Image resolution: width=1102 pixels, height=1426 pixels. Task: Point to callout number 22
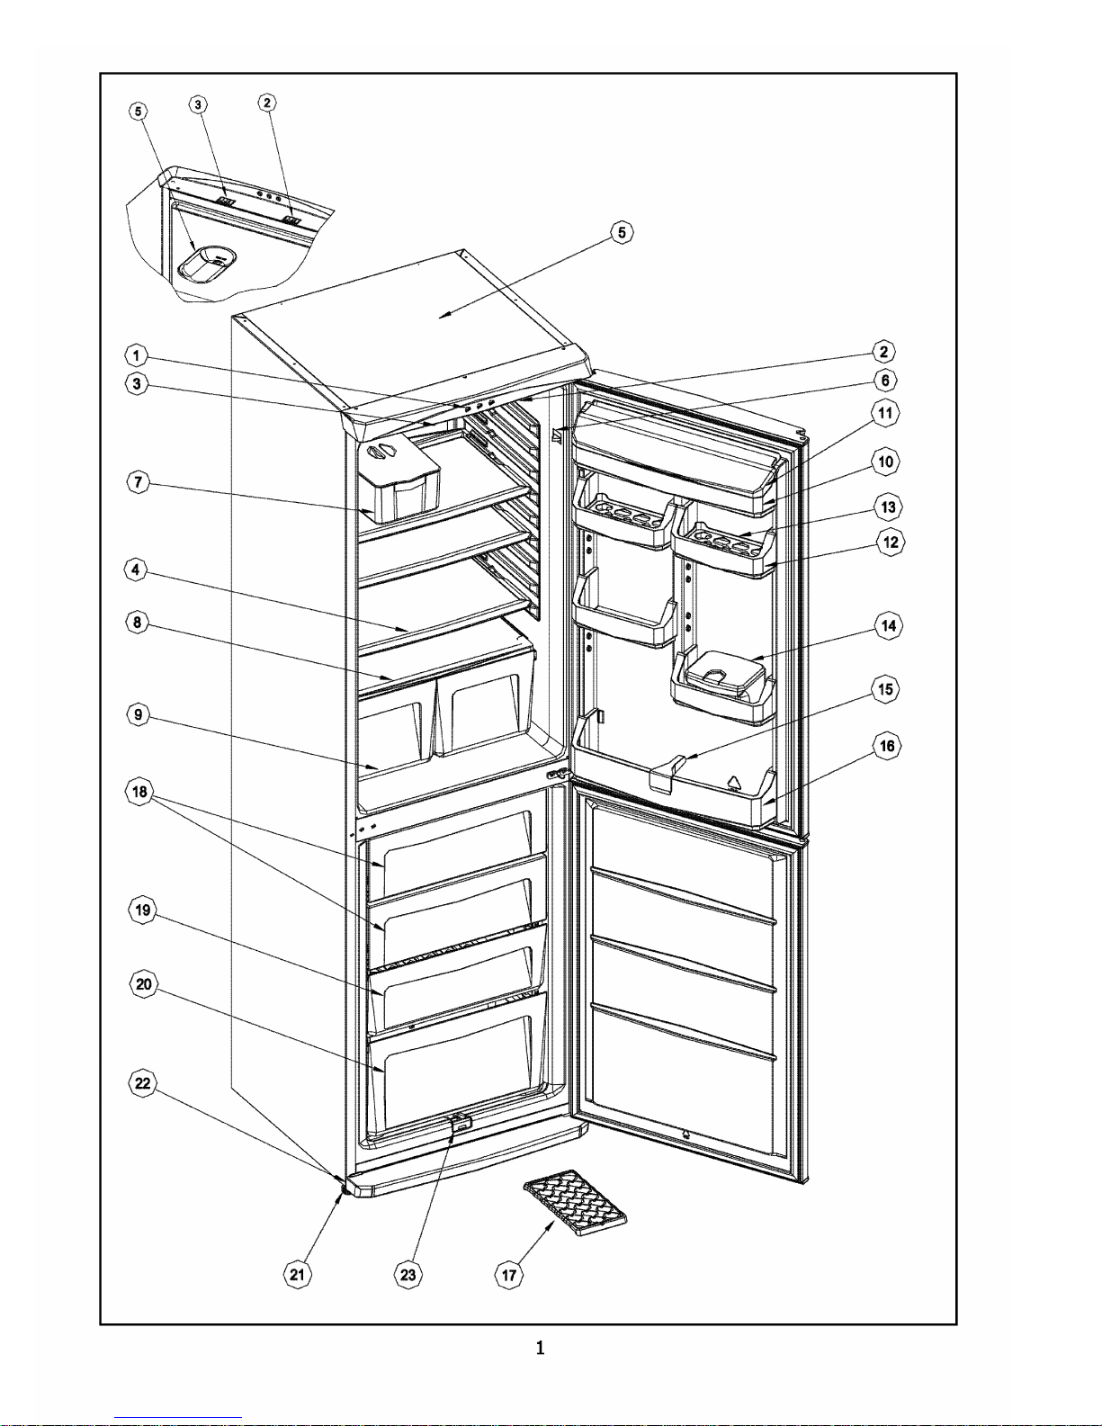pos(142,1083)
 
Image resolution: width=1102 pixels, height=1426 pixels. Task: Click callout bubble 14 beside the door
pos(888,625)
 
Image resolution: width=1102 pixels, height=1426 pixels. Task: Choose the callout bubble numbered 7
pos(138,482)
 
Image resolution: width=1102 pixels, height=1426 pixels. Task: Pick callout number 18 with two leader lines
pos(139,792)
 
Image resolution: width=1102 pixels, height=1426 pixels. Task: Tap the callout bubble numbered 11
pos(885,413)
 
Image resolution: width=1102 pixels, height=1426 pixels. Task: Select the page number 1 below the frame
pos(540,1348)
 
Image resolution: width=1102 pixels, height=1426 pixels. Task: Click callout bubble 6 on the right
pos(885,380)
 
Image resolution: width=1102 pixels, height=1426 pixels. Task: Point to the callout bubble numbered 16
pos(887,746)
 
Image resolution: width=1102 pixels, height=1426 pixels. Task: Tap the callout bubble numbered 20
pos(144,984)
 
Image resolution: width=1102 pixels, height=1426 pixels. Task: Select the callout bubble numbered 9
pos(138,714)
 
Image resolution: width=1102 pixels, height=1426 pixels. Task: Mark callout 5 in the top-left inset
pos(138,111)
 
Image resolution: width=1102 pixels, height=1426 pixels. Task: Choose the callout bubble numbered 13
pos(888,507)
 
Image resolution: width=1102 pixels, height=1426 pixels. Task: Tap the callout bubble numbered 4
pos(136,569)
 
